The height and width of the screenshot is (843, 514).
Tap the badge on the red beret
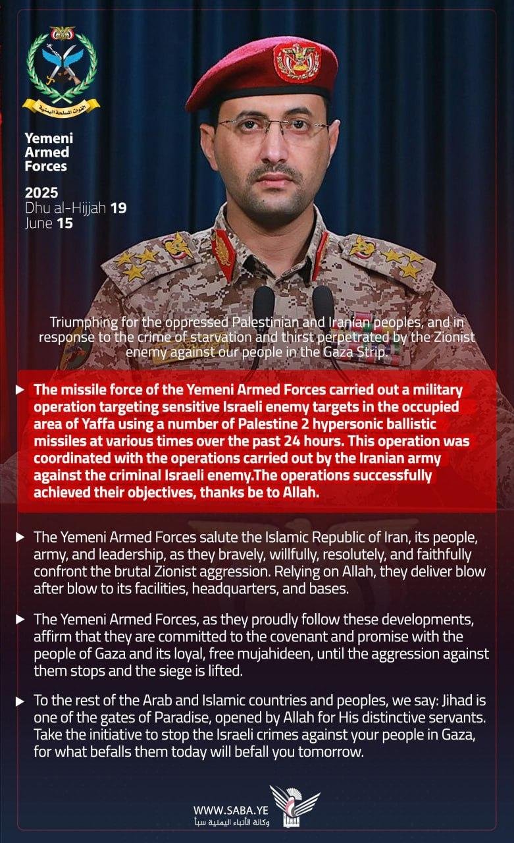297,61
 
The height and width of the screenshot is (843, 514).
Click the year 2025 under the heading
41,193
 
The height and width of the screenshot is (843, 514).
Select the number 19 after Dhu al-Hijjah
118,208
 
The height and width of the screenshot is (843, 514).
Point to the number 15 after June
64,223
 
